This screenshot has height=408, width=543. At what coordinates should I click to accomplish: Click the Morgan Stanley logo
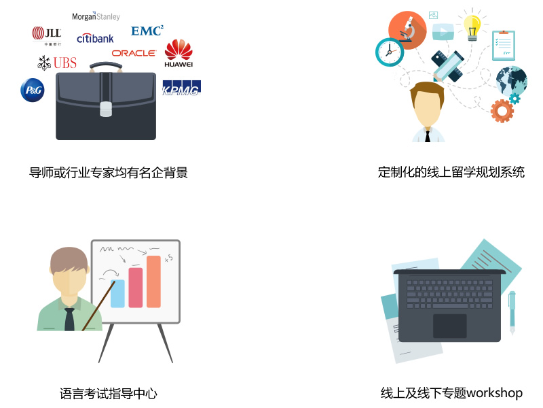click(x=96, y=16)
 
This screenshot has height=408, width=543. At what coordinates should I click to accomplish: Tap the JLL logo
click(x=47, y=35)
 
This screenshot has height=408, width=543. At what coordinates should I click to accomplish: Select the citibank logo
click(x=95, y=38)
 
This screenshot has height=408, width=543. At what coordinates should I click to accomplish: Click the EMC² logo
click(x=147, y=31)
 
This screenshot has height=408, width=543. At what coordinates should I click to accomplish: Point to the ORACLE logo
click(x=134, y=53)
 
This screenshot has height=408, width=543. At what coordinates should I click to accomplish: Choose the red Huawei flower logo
click(x=179, y=50)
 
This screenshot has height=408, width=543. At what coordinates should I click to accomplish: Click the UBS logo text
click(x=65, y=63)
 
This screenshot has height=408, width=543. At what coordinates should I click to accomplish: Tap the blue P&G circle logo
click(x=33, y=90)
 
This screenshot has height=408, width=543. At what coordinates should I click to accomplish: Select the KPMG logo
click(x=181, y=88)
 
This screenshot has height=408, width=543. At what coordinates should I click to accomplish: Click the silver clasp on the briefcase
click(x=106, y=109)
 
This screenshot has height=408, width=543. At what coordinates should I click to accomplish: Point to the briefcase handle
click(x=106, y=66)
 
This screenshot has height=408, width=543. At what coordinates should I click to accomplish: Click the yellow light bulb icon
click(x=472, y=27)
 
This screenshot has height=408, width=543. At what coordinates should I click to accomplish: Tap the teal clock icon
click(x=390, y=52)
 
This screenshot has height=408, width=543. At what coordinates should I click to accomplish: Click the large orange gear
click(x=502, y=111)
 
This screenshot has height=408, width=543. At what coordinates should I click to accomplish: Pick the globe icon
click(x=512, y=81)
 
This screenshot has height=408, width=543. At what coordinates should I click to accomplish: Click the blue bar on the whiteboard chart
click(x=117, y=294)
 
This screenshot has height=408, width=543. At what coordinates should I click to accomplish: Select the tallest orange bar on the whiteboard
click(x=153, y=282)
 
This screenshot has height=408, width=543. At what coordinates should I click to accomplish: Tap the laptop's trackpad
click(x=449, y=326)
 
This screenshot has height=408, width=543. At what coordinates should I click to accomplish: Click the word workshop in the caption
click(x=495, y=393)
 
